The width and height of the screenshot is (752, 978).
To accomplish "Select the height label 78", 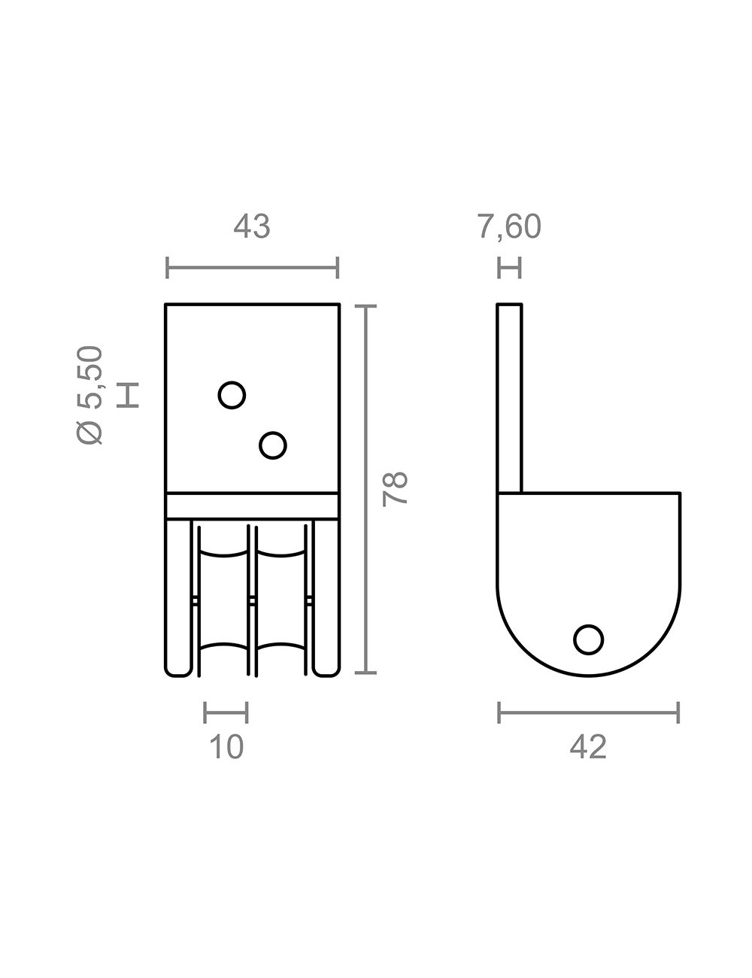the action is pyautogui.click(x=395, y=489).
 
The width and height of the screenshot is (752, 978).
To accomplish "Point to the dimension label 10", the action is pyautogui.click(x=226, y=747).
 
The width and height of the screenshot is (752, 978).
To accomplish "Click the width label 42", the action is pyautogui.click(x=588, y=747).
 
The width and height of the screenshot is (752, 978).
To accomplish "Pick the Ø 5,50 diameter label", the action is pyautogui.click(x=90, y=395).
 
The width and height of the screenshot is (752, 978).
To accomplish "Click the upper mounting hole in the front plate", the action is pyautogui.click(x=232, y=395).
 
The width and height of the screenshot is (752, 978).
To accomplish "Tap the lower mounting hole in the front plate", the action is pyautogui.click(x=272, y=445).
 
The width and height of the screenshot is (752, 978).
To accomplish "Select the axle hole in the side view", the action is pyautogui.click(x=588, y=639).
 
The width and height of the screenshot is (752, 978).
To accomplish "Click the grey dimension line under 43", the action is pyautogui.click(x=252, y=268).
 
